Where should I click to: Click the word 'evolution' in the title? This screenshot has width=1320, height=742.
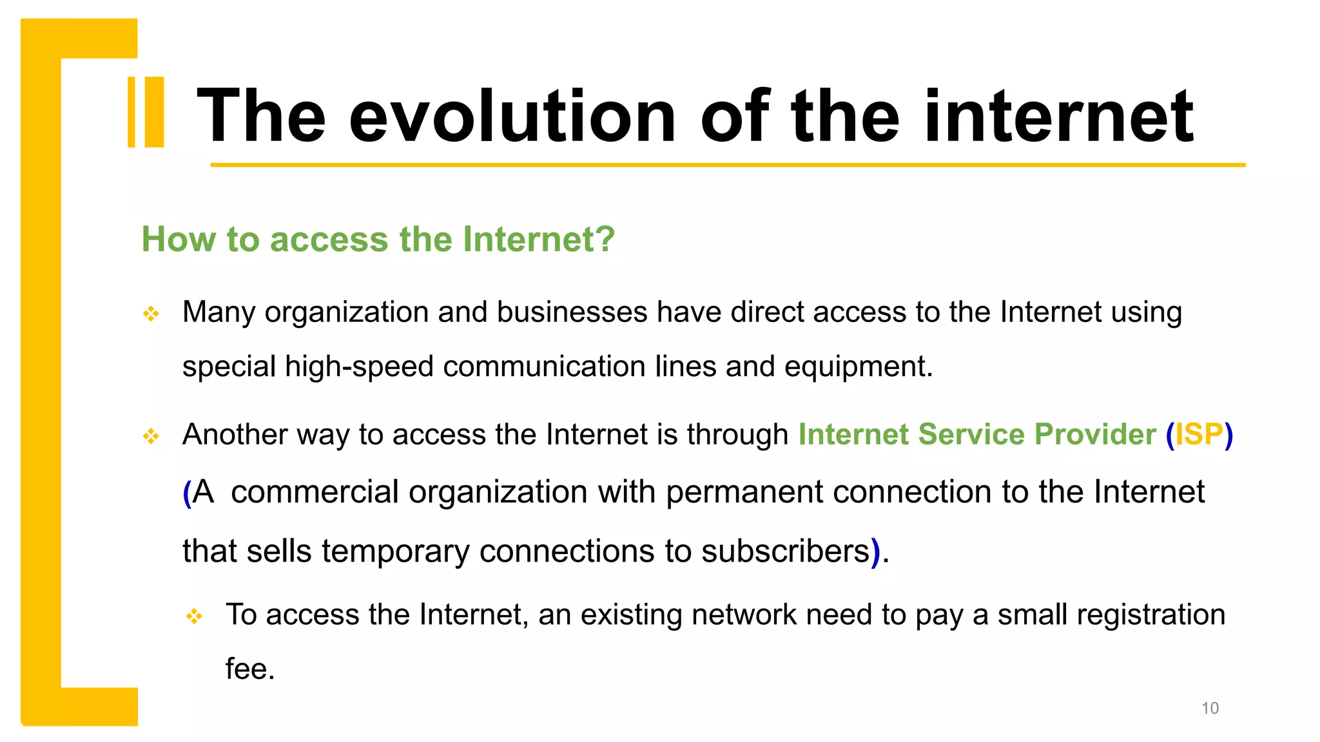(x=512, y=117)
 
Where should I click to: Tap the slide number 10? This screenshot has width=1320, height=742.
(x=1210, y=708)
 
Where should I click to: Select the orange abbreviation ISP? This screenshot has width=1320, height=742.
(x=1199, y=434)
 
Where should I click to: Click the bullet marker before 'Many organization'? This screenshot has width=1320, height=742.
(x=151, y=314)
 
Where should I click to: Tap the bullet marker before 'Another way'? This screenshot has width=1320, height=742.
(x=151, y=436)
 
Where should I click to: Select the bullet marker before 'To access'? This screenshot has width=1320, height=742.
(x=194, y=616)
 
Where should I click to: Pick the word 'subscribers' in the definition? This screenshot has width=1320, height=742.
(x=786, y=551)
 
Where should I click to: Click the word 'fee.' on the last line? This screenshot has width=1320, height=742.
(x=250, y=669)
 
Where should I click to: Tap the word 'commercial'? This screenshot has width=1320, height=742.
(x=315, y=492)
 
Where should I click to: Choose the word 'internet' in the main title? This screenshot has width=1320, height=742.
(x=1058, y=117)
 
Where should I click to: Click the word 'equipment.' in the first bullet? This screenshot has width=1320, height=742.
(x=859, y=366)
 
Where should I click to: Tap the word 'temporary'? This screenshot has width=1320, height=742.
(x=395, y=551)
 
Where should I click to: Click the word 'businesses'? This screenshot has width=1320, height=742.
(x=572, y=312)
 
